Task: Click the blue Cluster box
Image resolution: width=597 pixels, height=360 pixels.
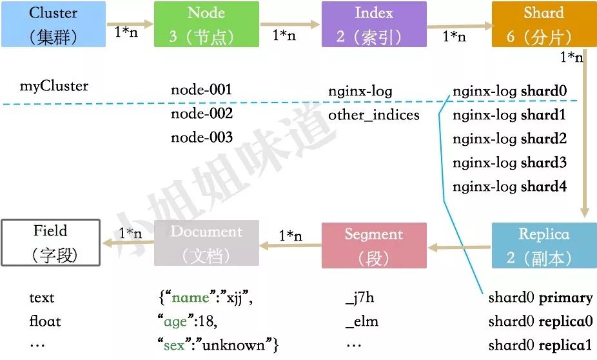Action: click(x=54, y=24)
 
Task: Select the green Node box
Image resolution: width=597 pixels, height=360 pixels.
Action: click(x=206, y=24)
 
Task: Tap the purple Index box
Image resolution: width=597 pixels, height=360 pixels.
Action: click(x=374, y=24)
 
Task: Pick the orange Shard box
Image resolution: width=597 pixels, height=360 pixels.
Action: click(x=543, y=24)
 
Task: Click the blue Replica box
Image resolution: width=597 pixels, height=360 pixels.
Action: click(x=544, y=245)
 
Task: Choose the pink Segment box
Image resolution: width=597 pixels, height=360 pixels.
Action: click(x=374, y=245)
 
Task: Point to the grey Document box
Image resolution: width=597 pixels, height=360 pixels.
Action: click(x=206, y=243)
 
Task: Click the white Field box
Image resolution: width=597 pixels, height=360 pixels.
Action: click(x=50, y=243)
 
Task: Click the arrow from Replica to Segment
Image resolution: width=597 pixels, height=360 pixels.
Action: click(x=459, y=246)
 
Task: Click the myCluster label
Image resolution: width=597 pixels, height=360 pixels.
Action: click(x=54, y=86)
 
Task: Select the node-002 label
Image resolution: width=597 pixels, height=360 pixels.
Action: click(x=201, y=114)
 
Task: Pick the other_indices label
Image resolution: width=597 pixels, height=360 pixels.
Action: click(x=374, y=115)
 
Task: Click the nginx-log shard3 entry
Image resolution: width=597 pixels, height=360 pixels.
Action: click(x=509, y=163)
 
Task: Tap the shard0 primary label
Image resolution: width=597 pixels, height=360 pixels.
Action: click(x=540, y=298)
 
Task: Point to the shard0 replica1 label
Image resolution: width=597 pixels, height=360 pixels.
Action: click(x=540, y=345)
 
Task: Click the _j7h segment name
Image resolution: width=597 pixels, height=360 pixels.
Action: click(x=360, y=298)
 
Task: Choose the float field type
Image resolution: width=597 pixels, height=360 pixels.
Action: click(x=45, y=321)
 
